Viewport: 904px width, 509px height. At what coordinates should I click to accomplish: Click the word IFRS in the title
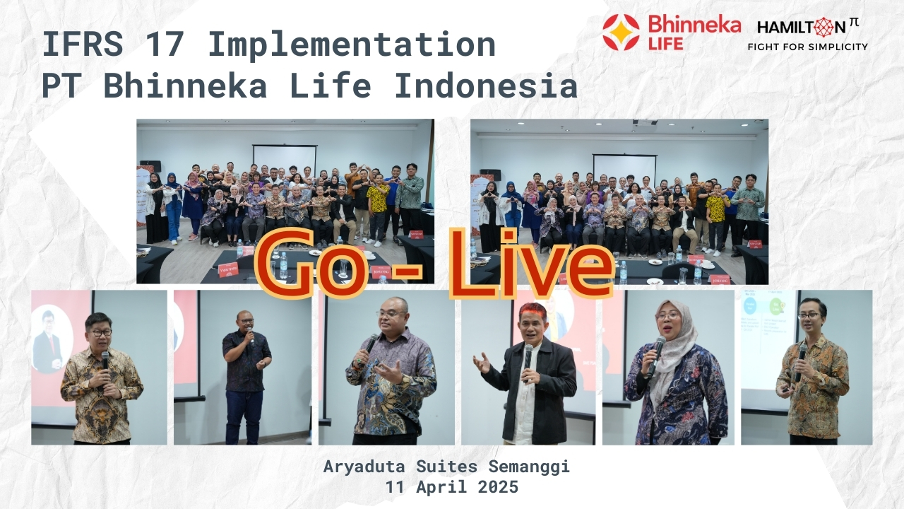point(83,44)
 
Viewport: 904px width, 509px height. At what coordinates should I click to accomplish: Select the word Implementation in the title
point(352,45)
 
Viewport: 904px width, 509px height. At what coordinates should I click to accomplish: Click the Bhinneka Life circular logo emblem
point(621,32)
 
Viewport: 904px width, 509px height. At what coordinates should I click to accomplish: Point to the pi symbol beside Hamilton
point(854,23)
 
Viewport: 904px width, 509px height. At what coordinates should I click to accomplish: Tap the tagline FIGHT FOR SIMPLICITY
point(807,47)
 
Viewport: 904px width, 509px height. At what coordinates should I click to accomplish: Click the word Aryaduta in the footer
point(364,467)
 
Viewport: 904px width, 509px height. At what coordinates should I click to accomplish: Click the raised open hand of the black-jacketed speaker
point(482,363)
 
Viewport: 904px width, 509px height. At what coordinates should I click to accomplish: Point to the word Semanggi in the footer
point(529,467)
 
